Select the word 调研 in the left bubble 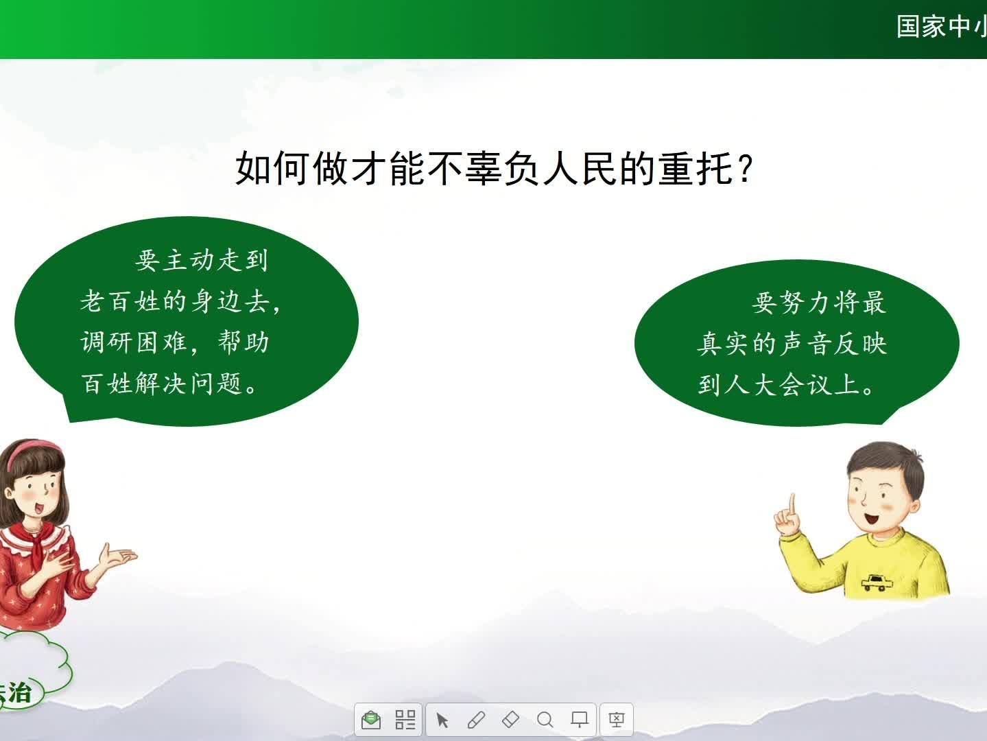(x=106, y=342)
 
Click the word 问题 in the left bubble (x=217, y=384)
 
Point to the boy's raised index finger (x=792, y=505)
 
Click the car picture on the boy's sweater (x=877, y=583)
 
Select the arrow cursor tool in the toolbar (x=442, y=720)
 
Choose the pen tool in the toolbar (x=476, y=720)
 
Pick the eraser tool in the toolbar (x=510, y=720)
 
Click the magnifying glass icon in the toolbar (x=545, y=720)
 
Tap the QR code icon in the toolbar (x=405, y=720)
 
